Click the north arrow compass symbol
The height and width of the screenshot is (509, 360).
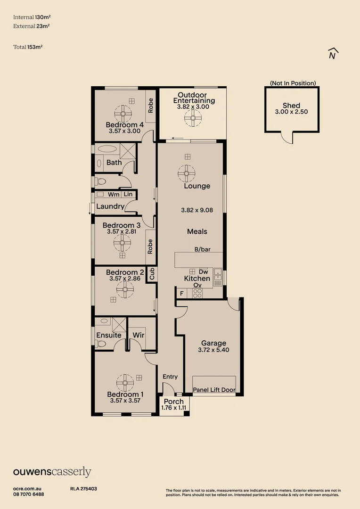[333, 54]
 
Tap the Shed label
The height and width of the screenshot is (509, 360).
[291, 106]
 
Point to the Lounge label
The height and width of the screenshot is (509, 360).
[197, 186]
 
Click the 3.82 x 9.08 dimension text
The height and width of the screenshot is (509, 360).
[197, 210]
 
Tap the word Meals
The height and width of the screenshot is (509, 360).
[197, 231]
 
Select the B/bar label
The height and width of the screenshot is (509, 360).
[202, 249]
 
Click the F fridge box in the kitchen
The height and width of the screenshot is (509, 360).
[181, 294]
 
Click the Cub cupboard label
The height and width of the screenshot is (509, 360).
[152, 273]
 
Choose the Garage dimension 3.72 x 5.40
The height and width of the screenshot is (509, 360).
[213, 350]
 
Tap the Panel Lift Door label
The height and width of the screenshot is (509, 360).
[214, 390]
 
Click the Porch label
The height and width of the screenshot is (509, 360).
[174, 402]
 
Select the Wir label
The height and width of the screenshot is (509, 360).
[138, 335]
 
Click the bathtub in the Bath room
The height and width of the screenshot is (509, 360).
[109, 149]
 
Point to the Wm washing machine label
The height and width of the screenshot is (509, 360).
[114, 194]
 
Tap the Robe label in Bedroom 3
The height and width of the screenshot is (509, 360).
[150, 247]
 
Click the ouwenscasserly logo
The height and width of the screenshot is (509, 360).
[52, 472]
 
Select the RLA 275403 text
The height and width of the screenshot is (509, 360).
[83, 489]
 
